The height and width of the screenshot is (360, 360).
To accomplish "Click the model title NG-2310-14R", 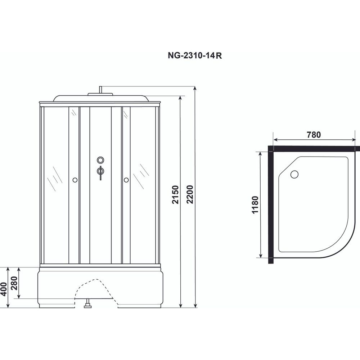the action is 195,55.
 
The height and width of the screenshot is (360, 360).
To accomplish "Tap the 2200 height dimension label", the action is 190,194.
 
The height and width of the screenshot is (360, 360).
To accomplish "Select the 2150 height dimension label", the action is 175,194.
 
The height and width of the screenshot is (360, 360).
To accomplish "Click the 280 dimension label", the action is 14,283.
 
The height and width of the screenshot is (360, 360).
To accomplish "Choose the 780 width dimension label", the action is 314,135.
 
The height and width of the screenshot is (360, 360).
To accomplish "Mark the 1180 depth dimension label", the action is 255,205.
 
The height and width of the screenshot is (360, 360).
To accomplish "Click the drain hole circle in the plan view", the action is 294,174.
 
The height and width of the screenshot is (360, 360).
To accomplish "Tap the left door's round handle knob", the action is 75,180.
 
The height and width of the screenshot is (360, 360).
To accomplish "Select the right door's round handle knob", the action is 126,180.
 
